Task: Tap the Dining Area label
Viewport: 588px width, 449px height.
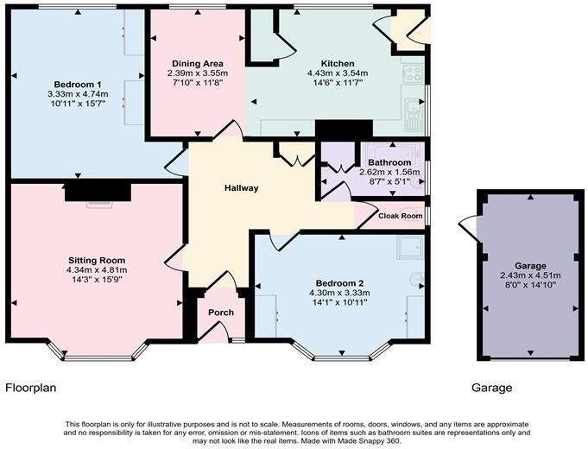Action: [x=198, y=64]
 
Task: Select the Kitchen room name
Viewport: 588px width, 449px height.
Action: [x=338, y=64]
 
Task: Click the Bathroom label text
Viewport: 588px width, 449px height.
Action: [x=389, y=162]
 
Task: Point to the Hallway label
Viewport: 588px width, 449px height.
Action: [x=242, y=188]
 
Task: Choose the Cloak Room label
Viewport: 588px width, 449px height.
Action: [x=401, y=216]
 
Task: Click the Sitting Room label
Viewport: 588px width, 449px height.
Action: [x=97, y=260]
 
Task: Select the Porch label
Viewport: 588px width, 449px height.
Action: [x=215, y=313]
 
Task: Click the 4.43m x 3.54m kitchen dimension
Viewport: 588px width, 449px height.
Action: [x=338, y=73]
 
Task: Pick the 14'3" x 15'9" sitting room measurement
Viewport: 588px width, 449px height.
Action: [x=97, y=280]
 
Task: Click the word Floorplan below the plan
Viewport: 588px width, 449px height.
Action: [x=31, y=388]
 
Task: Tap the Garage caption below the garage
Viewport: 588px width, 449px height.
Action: [x=491, y=388]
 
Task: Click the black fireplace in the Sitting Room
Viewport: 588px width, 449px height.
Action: [x=97, y=190]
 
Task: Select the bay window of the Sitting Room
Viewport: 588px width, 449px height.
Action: [x=97, y=353]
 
